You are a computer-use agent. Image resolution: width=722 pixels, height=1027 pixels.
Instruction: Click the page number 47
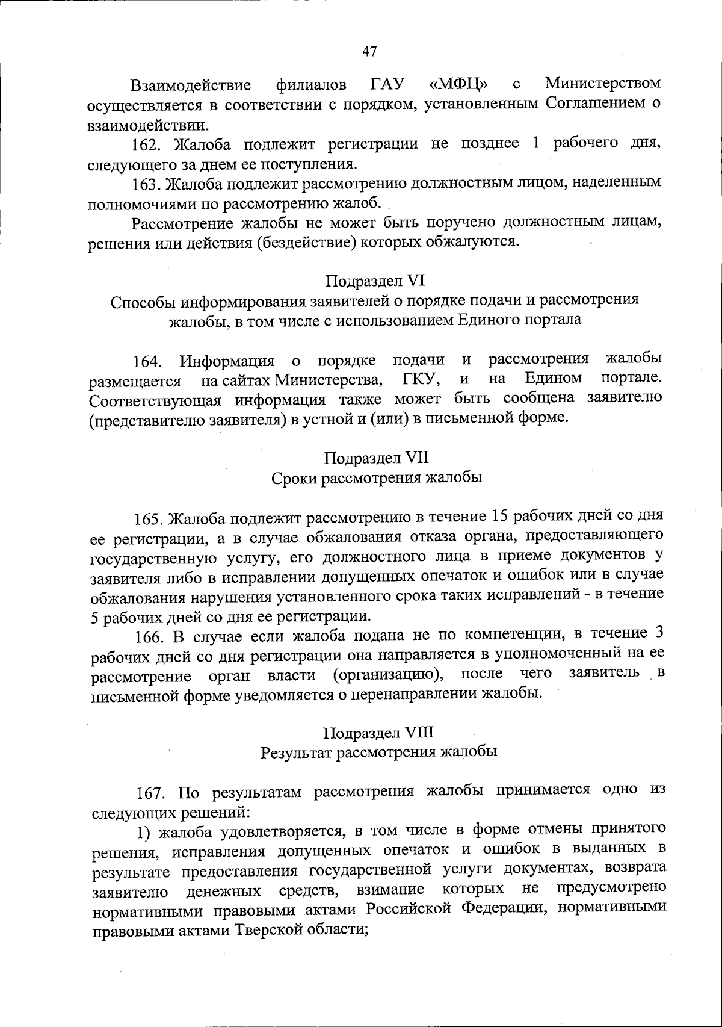[x=369, y=52]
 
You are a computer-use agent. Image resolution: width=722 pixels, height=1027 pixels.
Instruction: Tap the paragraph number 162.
[x=145, y=144]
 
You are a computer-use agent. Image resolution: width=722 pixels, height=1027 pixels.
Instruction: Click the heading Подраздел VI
[x=375, y=281]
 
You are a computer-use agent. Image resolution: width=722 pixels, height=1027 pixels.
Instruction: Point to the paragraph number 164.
[x=149, y=362]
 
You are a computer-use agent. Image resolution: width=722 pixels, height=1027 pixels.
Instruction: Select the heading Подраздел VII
[x=376, y=458]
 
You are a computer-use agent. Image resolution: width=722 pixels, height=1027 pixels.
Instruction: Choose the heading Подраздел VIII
[x=378, y=733]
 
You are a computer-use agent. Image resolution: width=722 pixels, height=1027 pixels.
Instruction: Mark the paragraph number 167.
[x=150, y=792]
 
